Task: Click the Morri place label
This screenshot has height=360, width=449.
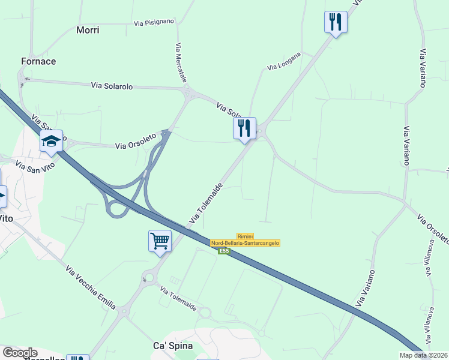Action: point(88,29)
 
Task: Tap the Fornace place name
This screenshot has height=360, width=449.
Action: point(38,61)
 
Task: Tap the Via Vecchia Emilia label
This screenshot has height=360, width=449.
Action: point(90,287)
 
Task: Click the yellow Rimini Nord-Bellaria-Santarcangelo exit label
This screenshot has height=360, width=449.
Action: point(245,239)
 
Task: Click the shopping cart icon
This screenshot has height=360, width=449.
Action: point(160,241)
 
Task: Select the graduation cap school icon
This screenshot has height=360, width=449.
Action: point(52,142)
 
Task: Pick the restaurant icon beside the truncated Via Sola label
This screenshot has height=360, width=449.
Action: point(244,128)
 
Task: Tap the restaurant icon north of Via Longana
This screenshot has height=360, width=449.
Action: point(335,22)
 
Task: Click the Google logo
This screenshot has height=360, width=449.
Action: point(19,353)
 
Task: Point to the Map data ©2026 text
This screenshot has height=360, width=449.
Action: point(423,355)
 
